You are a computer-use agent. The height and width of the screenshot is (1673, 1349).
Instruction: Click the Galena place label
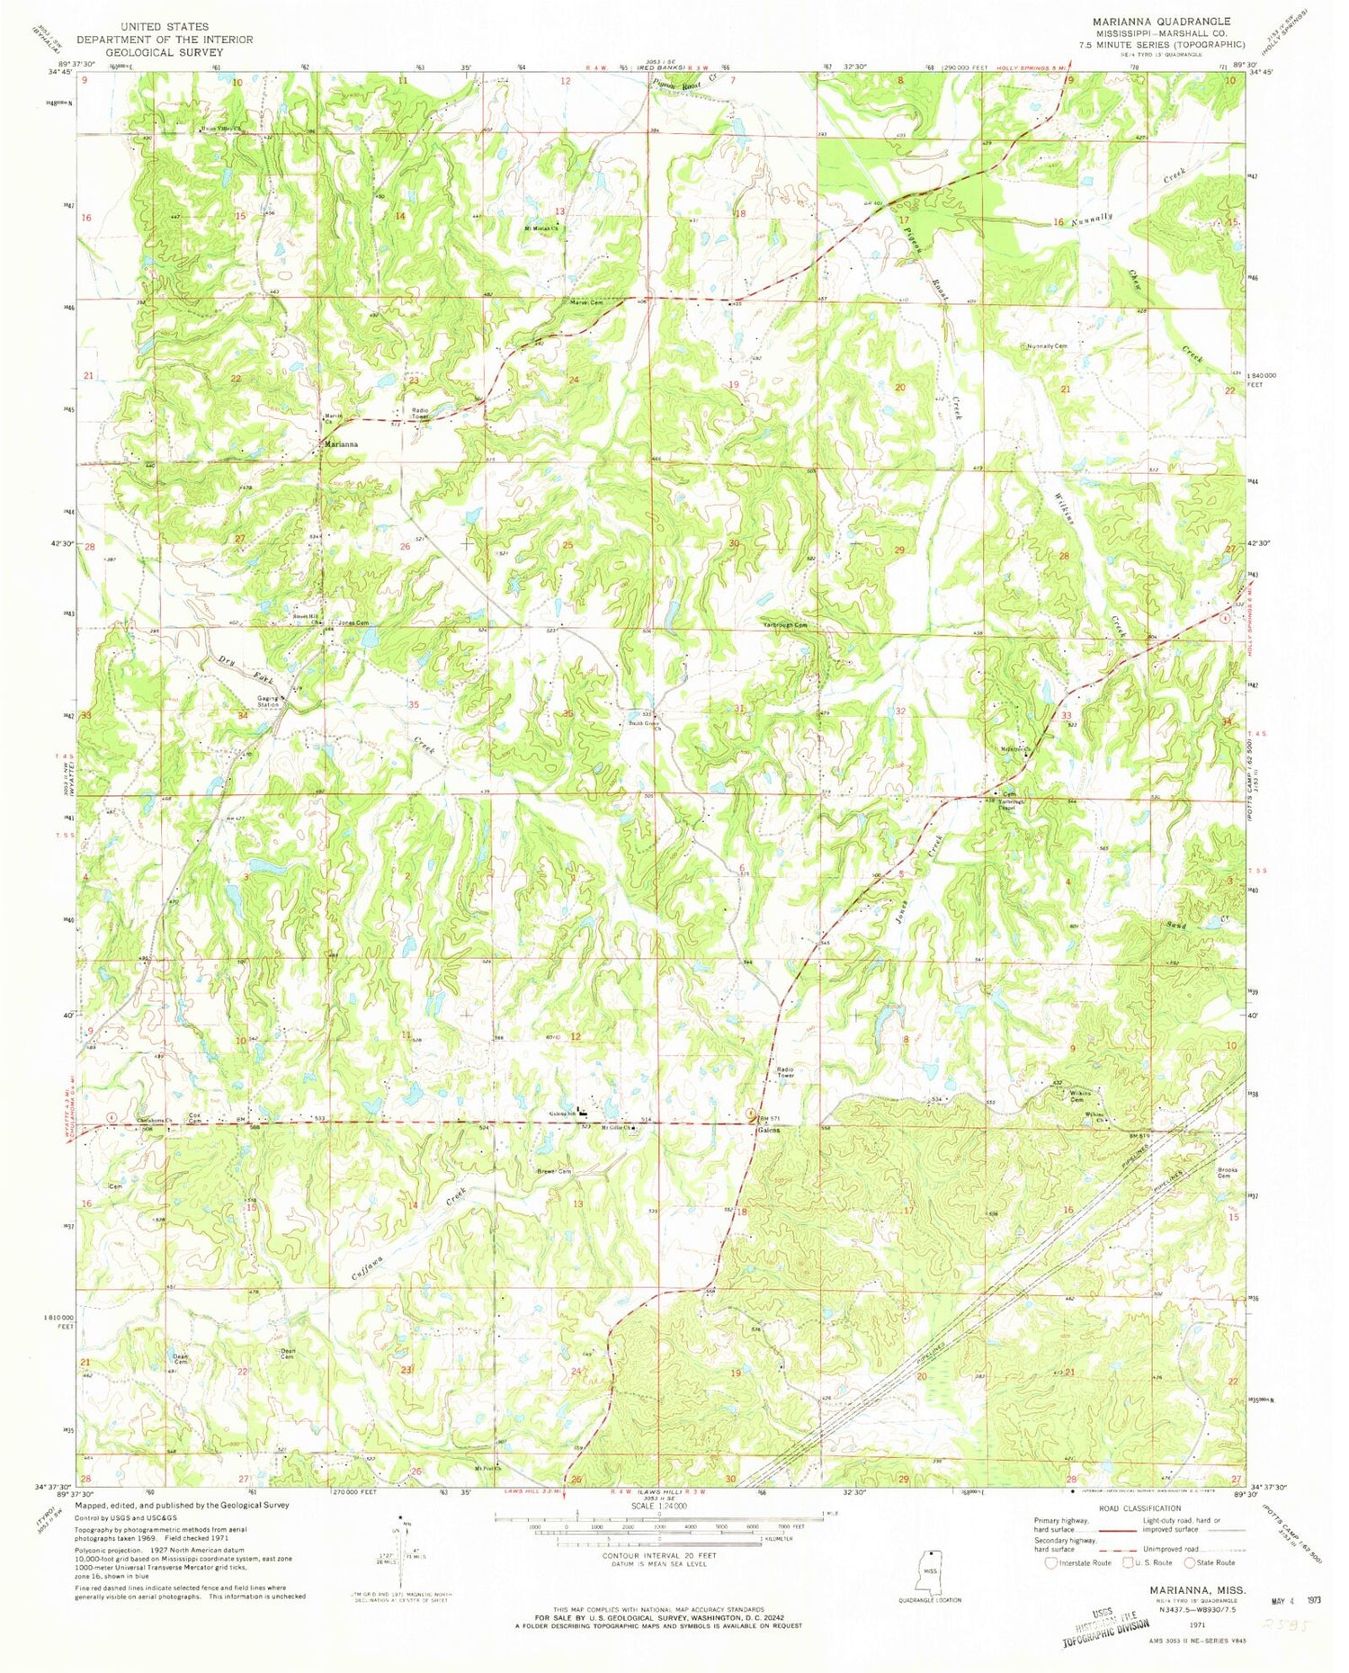tap(766, 1131)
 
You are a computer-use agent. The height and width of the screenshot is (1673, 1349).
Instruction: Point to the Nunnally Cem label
tap(1047, 346)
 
